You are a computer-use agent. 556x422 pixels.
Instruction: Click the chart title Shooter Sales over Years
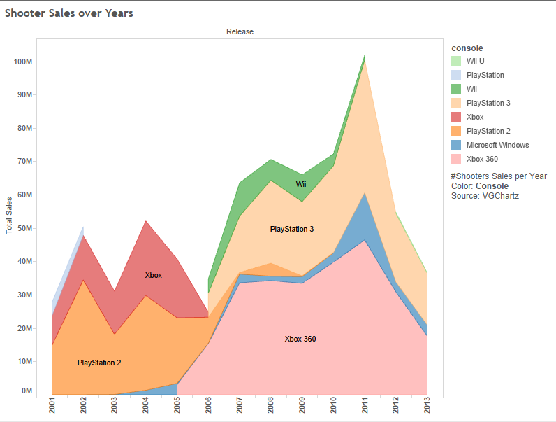coord(68,13)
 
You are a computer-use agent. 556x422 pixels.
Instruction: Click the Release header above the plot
coord(240,31)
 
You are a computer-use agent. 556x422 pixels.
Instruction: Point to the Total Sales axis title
coord(10,215)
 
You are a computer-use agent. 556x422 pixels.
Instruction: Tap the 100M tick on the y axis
coord(23,62)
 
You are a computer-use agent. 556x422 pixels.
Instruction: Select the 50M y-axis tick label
coord(25,228)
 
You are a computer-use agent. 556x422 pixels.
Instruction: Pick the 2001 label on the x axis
coord(52,407)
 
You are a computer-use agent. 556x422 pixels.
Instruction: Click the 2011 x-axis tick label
coord(365,407)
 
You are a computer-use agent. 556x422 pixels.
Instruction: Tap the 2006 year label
coord(208,407)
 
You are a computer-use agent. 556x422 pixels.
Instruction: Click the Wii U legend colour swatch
coord(456,61)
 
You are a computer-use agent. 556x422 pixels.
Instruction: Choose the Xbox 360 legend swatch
coord(456,159)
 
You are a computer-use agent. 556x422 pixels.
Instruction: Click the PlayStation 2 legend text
coord(488,131)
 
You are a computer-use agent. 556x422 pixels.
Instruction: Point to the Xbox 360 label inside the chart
coord(300,339)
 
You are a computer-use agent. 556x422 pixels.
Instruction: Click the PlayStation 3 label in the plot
coord(292,229)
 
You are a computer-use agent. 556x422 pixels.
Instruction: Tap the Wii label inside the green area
coord(301,185)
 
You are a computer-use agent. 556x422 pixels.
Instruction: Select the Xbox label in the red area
coord(154,275)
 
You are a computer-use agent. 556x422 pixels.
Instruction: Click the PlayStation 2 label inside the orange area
coord(99,363)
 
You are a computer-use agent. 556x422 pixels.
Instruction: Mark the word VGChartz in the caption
coord(500,196)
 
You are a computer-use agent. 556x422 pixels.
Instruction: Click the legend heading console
coord(467,48)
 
